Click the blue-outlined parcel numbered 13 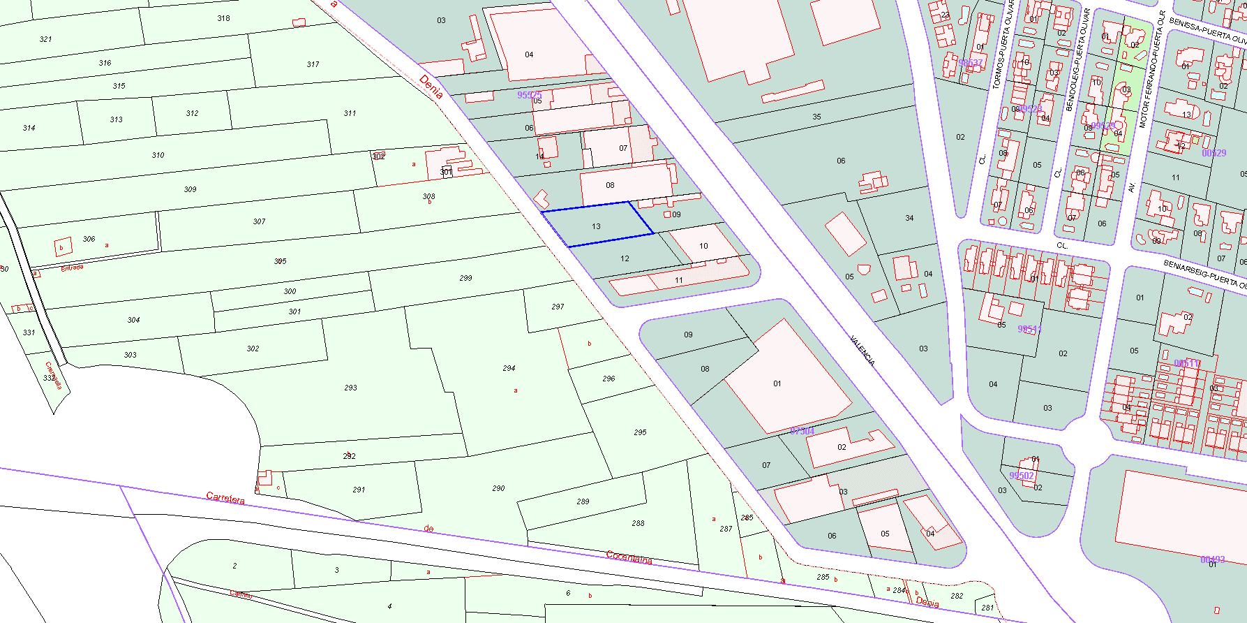[597, 225]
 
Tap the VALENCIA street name [863, 351]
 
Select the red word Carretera [225, 499]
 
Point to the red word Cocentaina [629, 557]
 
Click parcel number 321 [46, 39]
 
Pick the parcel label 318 [223, 18]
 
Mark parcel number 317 [313, 64]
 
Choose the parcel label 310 [158, 155]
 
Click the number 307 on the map [259, 221]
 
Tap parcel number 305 [280, 261]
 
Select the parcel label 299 [465, 278]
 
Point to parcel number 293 [350, 388]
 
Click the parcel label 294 [509, 368]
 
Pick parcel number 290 [498, 488]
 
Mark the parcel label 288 [638, 523]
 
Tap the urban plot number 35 [816, 117]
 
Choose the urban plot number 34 [909, 218]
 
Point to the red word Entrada [72, 267]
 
